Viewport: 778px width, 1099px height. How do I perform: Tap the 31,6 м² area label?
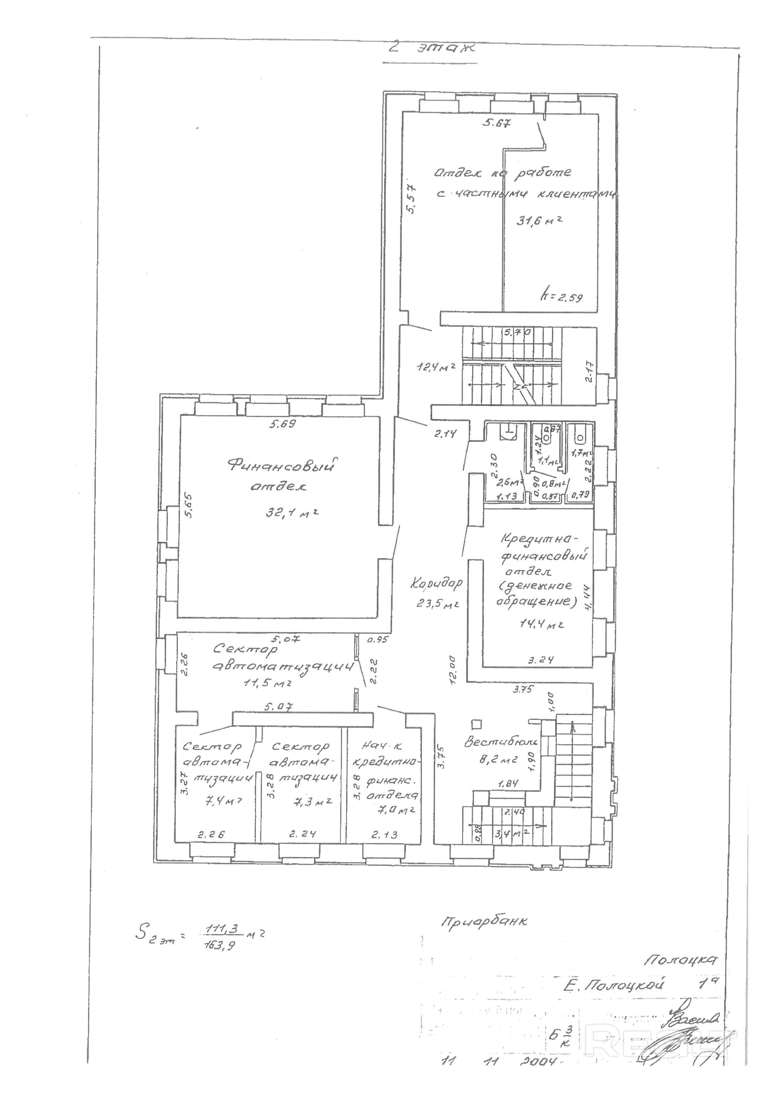[539, 221]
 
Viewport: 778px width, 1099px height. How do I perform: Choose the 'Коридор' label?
[436, 583]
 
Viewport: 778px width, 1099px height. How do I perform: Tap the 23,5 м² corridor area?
[437, 604]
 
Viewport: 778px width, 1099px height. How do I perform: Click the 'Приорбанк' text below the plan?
[484, 921]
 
